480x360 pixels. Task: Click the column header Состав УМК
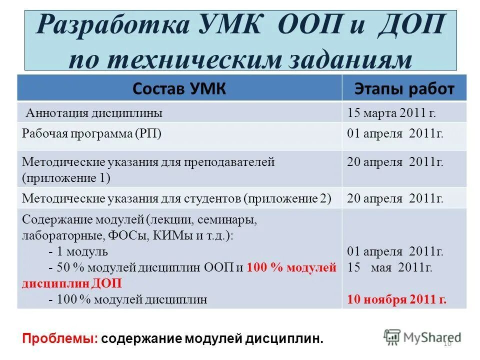(179, 89)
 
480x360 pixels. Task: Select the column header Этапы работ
(404, 89)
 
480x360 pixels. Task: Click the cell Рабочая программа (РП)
(91, 134)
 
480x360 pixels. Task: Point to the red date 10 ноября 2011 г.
(397, 300)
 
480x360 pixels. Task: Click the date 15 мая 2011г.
(390, 267)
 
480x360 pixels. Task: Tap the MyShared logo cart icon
(392, 337)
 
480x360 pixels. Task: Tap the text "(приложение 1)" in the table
(66, 177)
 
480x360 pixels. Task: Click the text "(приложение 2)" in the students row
(288, 198)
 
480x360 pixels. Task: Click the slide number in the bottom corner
(447, 343)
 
